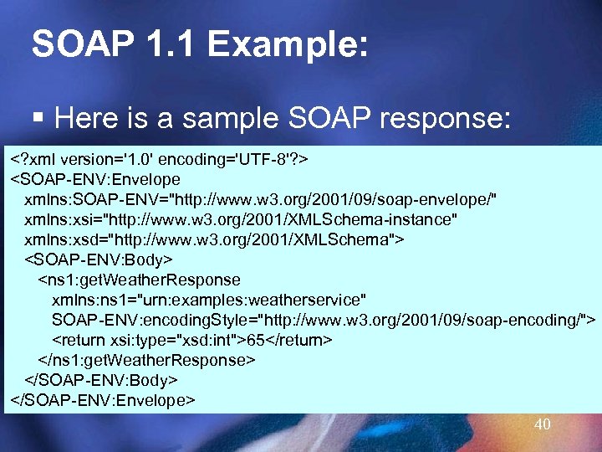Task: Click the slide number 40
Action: point(543,424)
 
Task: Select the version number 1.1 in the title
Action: point(163,44)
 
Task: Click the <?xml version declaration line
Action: point(160,159)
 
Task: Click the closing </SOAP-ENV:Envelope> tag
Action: point(102,400)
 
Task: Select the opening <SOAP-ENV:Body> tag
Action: point(99,259)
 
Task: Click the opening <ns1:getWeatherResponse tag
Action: point(139,280)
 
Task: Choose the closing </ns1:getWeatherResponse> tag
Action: point(146,360)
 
